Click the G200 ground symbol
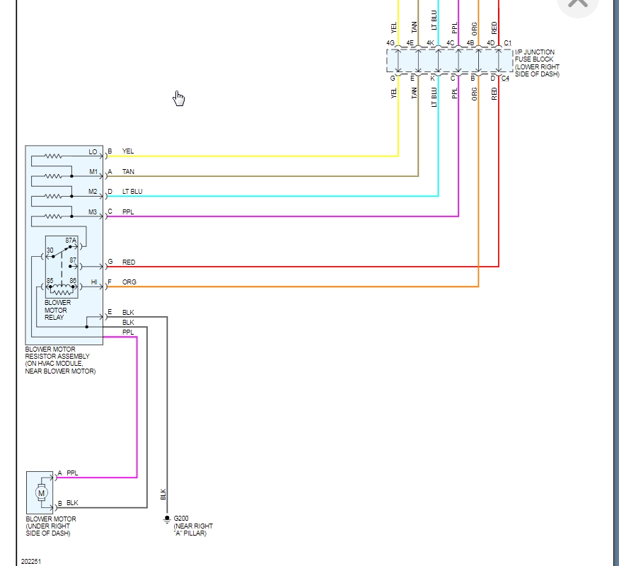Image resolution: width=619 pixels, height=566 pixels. [167, 519]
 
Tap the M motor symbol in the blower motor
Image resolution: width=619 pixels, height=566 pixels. [41, 492]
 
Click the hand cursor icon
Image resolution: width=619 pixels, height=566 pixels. [178, 98]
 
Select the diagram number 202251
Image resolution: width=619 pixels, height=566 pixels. [31, 561]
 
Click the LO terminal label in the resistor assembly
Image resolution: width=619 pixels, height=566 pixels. [93, 152]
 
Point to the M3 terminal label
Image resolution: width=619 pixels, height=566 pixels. [93, 212]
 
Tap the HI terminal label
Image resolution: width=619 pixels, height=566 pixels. [94, 282]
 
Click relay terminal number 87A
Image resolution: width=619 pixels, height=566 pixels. [71, 240]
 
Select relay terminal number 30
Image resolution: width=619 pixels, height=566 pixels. [50, 250]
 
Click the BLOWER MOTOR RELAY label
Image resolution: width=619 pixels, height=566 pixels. [57, 310]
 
